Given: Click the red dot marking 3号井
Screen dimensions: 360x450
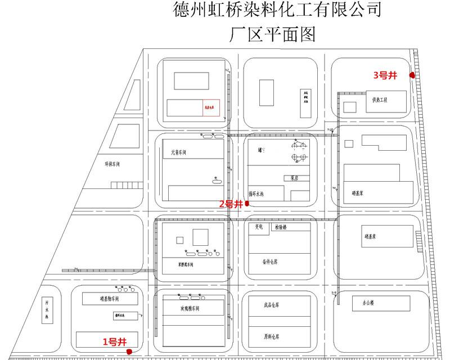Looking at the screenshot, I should click(x=412, y=75).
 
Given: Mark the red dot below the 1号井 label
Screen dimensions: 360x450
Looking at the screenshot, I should click(x=129, y=352).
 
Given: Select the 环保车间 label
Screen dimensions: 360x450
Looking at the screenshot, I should click(x=112, y=165).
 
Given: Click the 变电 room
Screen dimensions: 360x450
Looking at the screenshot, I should click(x=259, y=228).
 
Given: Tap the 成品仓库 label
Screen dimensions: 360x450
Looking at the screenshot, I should click(x=272, y=306).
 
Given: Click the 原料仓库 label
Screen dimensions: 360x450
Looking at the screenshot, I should click(x=272, y=337).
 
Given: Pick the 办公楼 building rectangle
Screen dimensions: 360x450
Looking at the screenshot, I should click(x=364, y=303).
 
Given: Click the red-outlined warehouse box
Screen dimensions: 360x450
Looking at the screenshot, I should click(x=211, y=107).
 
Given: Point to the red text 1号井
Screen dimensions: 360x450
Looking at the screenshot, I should click(x=114, y=341).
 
